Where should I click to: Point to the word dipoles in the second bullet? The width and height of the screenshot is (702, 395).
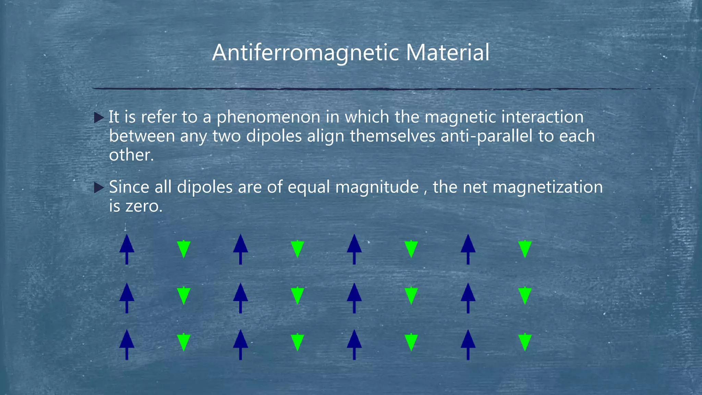coord(205,187)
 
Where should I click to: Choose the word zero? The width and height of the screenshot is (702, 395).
coord(144,206)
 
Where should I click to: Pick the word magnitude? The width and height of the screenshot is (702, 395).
coord(377,187)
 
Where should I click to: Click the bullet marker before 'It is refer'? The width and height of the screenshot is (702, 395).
coord(99,118)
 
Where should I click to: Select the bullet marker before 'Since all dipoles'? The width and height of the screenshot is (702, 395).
coord(99,188)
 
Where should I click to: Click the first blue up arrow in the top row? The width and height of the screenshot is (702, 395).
coord(127,249)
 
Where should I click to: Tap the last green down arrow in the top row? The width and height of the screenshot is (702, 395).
coord(525,249)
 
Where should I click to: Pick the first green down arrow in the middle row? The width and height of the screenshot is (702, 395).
coord(184,296)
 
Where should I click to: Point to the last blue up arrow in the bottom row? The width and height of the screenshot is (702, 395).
coord(468,344)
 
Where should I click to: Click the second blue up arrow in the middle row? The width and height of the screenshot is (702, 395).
coord(240,297)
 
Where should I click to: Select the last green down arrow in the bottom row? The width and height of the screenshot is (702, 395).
coord(525,342)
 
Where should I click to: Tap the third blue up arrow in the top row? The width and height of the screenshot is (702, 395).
coord(354,249)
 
